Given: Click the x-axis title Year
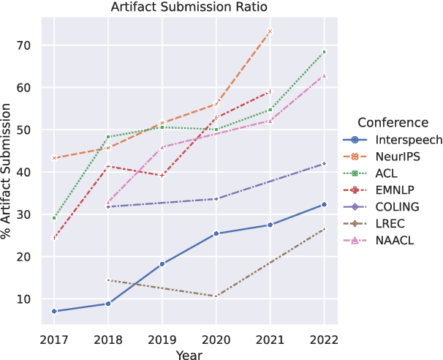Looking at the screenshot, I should click(x=188, y=353).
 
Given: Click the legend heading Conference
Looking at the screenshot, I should click(x=388, y=122).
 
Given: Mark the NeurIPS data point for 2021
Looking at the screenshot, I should click(x=270, y=31).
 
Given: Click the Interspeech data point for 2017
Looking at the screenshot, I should click(x=54, y=312).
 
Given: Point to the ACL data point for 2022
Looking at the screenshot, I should click(x=324, y=52).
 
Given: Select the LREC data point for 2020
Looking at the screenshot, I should click(x=216, y=296).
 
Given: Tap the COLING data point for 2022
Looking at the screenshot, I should click(x=324, y=164).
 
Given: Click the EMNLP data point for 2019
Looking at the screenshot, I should click(x=162, y=176).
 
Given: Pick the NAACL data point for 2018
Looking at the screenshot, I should click(x=108, y=202).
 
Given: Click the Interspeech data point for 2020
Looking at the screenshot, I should click(x=216, y=233).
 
